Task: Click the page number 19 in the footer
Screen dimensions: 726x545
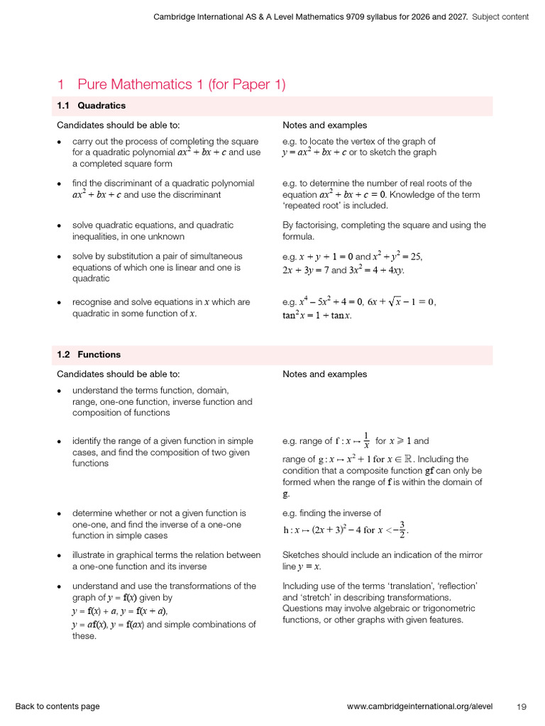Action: pyautogui.click(x=522, y=706)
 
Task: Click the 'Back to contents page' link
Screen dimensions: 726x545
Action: pyautogui.click(x=57, y=706)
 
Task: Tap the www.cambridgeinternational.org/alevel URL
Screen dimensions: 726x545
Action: pyautogui.click(x=424, y=706)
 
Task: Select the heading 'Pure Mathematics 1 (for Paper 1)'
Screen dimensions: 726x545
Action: pyautogui.click(x=181, y=84)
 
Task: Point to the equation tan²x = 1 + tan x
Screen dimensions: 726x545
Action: pyautogui.click(x=316, y=315)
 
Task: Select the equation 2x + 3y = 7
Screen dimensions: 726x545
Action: pyautogui.click(x=305, y=270)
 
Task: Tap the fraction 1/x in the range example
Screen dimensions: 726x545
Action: pyautogui.click(x=366, y=440)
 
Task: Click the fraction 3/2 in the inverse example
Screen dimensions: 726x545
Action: pyautogui.click(x=402, y=529)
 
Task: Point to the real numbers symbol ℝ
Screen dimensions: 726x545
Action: pyautogui.click(x=409, y=459)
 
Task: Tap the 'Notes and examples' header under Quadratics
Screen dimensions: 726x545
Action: pyautogui.click(x=324, y=125)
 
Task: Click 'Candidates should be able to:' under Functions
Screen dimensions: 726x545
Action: pyautogui.click(x=118, y=374)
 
